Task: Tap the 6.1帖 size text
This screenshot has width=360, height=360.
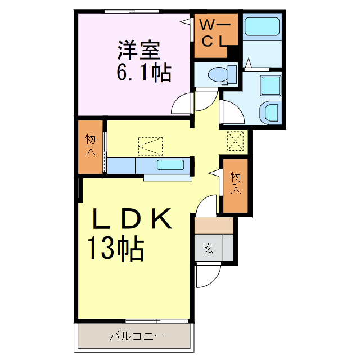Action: pyautogui.click(x=143, y=73)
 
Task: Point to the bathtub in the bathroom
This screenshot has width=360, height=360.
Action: pyautogui.click(x=262, y=26)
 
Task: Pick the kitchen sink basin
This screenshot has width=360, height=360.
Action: pyautogui.click(x=170, y=165)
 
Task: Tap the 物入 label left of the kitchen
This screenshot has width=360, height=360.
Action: pyautogui.click(x=91, y=145)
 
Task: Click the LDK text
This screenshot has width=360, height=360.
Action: pyautogui.click(x=132, y=219)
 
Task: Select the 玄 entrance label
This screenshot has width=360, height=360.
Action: pyautogui.click(x=208, y=247)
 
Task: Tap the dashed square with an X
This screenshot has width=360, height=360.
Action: pyautogui.click(x=235, y=141)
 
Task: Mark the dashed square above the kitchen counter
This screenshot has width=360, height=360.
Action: pyautogui.click(x=150, y=146)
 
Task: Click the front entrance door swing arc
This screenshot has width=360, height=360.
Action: pyautogui.click(x=208, y=276)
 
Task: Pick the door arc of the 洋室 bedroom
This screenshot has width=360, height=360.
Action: pyautogui.click(x=183, y=104)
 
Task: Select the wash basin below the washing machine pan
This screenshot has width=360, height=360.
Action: pyautogui.click(x=271, y=112)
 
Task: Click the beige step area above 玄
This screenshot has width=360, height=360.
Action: pyautogui.click(x=214, y=224)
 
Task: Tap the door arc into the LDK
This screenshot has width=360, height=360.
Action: pyautogui.click(x=207, y=205)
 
